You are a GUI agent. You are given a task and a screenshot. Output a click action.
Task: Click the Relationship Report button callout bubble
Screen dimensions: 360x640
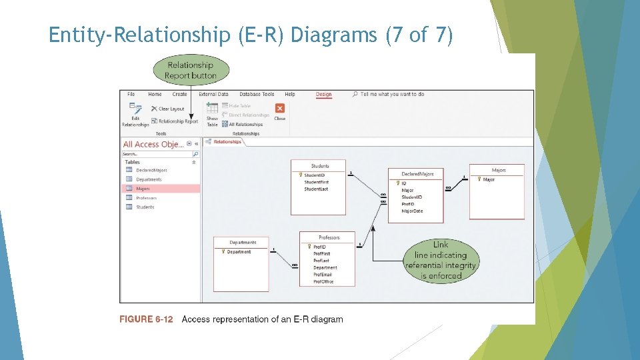191,70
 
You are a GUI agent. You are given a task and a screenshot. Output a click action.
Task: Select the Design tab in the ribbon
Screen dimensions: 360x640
323,95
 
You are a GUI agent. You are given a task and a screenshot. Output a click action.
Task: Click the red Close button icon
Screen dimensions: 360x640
279,108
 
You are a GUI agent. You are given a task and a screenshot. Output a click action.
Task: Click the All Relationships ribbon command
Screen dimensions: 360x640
245,124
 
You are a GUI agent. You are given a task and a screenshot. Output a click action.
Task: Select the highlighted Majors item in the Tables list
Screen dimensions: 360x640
143,189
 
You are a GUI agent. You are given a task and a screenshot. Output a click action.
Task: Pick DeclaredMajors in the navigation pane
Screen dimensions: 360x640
151,170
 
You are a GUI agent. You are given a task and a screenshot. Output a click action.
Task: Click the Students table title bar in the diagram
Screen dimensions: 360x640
319,165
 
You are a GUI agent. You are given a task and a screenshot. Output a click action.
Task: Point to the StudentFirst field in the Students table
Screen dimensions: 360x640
316,182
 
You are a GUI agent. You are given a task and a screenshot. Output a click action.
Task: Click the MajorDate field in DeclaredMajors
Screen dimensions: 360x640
412,211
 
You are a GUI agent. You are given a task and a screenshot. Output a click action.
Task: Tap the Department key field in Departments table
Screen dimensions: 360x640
239,252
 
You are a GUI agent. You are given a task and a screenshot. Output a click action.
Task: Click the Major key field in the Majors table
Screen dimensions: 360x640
489,179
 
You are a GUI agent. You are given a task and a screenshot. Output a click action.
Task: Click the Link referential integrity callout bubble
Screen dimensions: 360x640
441,260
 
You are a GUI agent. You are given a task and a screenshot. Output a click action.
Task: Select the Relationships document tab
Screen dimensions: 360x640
227,141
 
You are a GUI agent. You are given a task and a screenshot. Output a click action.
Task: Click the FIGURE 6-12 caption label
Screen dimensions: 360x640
146,319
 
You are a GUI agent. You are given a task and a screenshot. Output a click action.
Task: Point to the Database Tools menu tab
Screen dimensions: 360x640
257,95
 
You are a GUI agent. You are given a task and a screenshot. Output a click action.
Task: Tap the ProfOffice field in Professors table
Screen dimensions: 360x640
323,281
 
